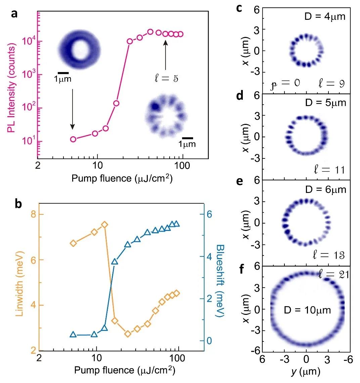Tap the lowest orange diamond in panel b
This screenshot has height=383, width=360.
pos(128,334)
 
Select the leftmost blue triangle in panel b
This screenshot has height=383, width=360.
pos(73,334)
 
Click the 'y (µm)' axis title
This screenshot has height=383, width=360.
pos(306,372)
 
